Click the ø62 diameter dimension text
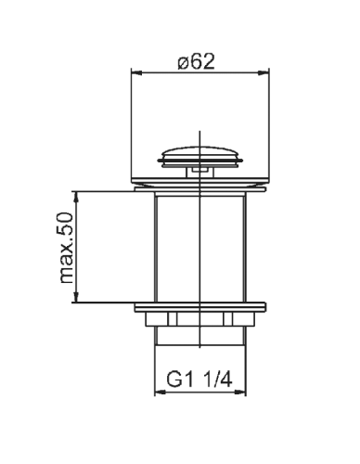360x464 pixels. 196,61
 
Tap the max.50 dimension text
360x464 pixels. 66,248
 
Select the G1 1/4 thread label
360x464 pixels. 199,380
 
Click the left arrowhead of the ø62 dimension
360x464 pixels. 136,73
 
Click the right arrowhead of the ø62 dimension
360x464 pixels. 264,73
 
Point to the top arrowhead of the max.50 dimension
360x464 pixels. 76,197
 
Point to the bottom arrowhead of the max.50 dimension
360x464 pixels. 76,297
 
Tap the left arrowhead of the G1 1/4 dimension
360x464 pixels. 160,393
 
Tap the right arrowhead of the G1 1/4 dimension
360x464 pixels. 240,393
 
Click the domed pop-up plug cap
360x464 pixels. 200,156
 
